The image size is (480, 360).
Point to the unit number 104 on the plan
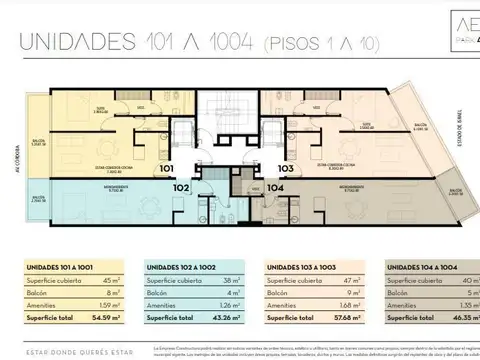click(275, 186)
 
